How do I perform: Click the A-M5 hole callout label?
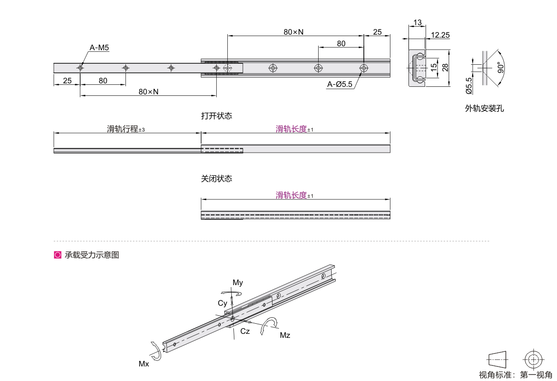pos(99,48)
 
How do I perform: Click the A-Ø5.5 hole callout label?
pos(340,84)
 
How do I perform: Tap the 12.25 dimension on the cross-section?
pos(440,35)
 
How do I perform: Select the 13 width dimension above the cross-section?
pos(417,23)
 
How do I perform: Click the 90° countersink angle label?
pos(501,68)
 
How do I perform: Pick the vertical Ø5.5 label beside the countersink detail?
pos(469,86)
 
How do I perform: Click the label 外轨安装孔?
pos(485,108)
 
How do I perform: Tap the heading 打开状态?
pos(216,116)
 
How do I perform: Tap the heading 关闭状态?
pos(216,178)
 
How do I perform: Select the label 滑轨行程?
pos(122,129)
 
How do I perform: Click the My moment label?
pos(238,283)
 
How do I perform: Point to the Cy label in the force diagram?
pos(222,303)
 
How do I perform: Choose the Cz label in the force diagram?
pos(245,331)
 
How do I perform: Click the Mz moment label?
pos(285,335)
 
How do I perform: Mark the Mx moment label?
pos(144,364)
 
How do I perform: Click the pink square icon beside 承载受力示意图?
pos(58,255)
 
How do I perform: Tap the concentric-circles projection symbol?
pos(533,360)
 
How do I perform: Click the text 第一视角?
pos(536,374)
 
